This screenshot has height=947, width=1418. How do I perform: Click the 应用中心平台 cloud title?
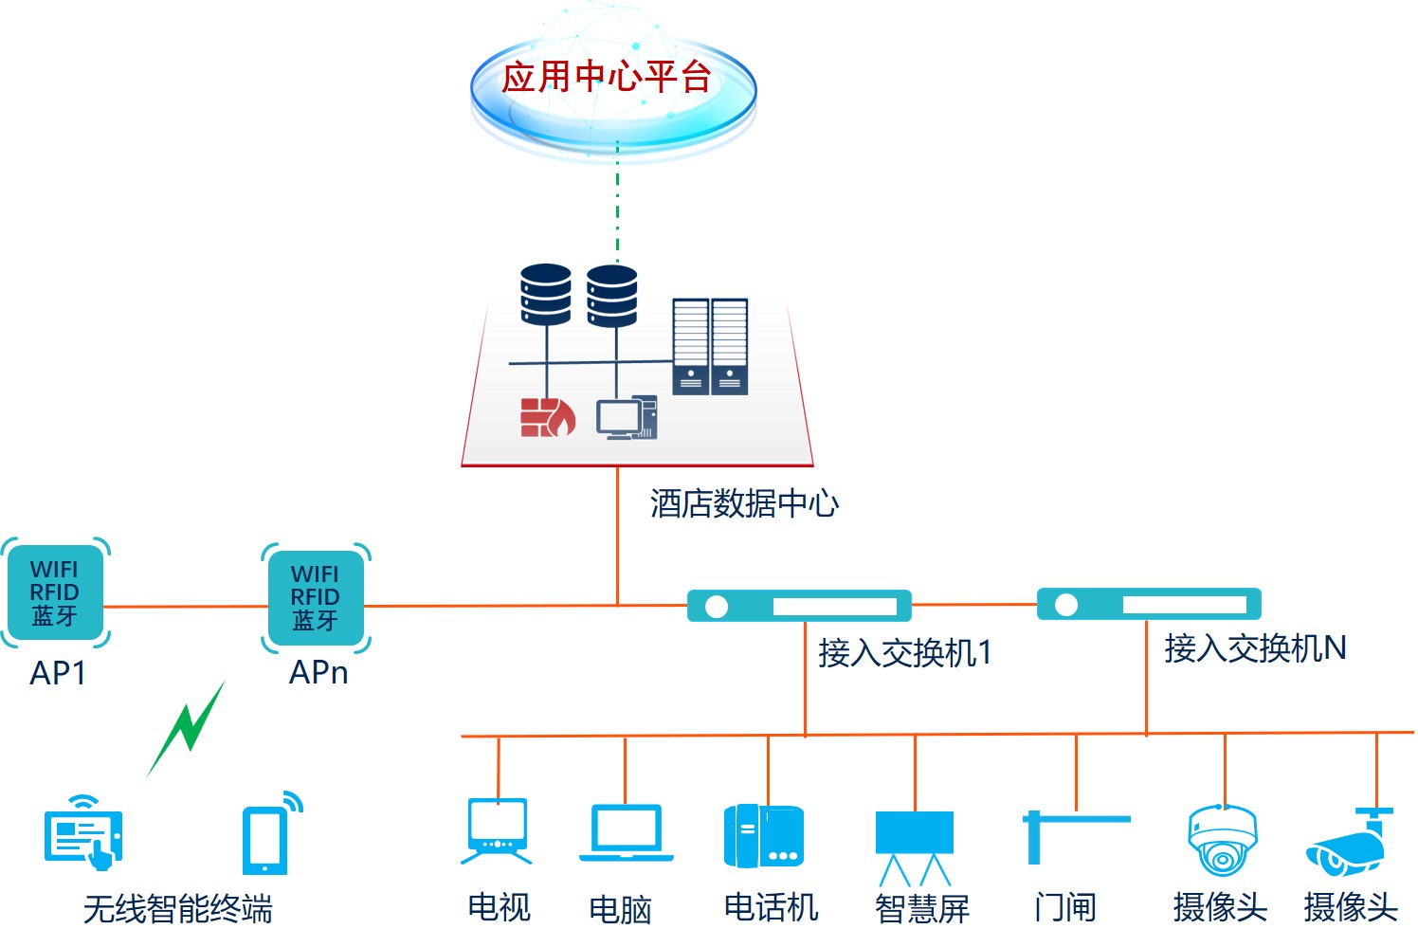[607, 77]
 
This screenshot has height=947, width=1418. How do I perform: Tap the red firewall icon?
[547, 417]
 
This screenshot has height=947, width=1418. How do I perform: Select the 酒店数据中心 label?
[744, 503]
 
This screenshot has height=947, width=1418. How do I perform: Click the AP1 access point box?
[55, 592]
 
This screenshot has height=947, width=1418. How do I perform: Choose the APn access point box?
[315, 597]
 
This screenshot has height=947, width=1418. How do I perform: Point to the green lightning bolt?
[188, 728]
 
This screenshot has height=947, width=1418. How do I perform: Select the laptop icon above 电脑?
[626, 833]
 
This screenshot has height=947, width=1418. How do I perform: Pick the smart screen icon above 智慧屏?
[914, 846]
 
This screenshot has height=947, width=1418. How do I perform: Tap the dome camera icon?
[1223, 840]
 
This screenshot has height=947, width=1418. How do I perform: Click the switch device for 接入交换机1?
[798, 606]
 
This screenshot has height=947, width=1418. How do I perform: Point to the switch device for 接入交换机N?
[1148, 604]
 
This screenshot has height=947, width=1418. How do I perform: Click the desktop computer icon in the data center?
[626, 418]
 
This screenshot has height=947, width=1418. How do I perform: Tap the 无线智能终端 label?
[178, 909]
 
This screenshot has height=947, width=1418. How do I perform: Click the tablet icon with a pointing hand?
[83, 834]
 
